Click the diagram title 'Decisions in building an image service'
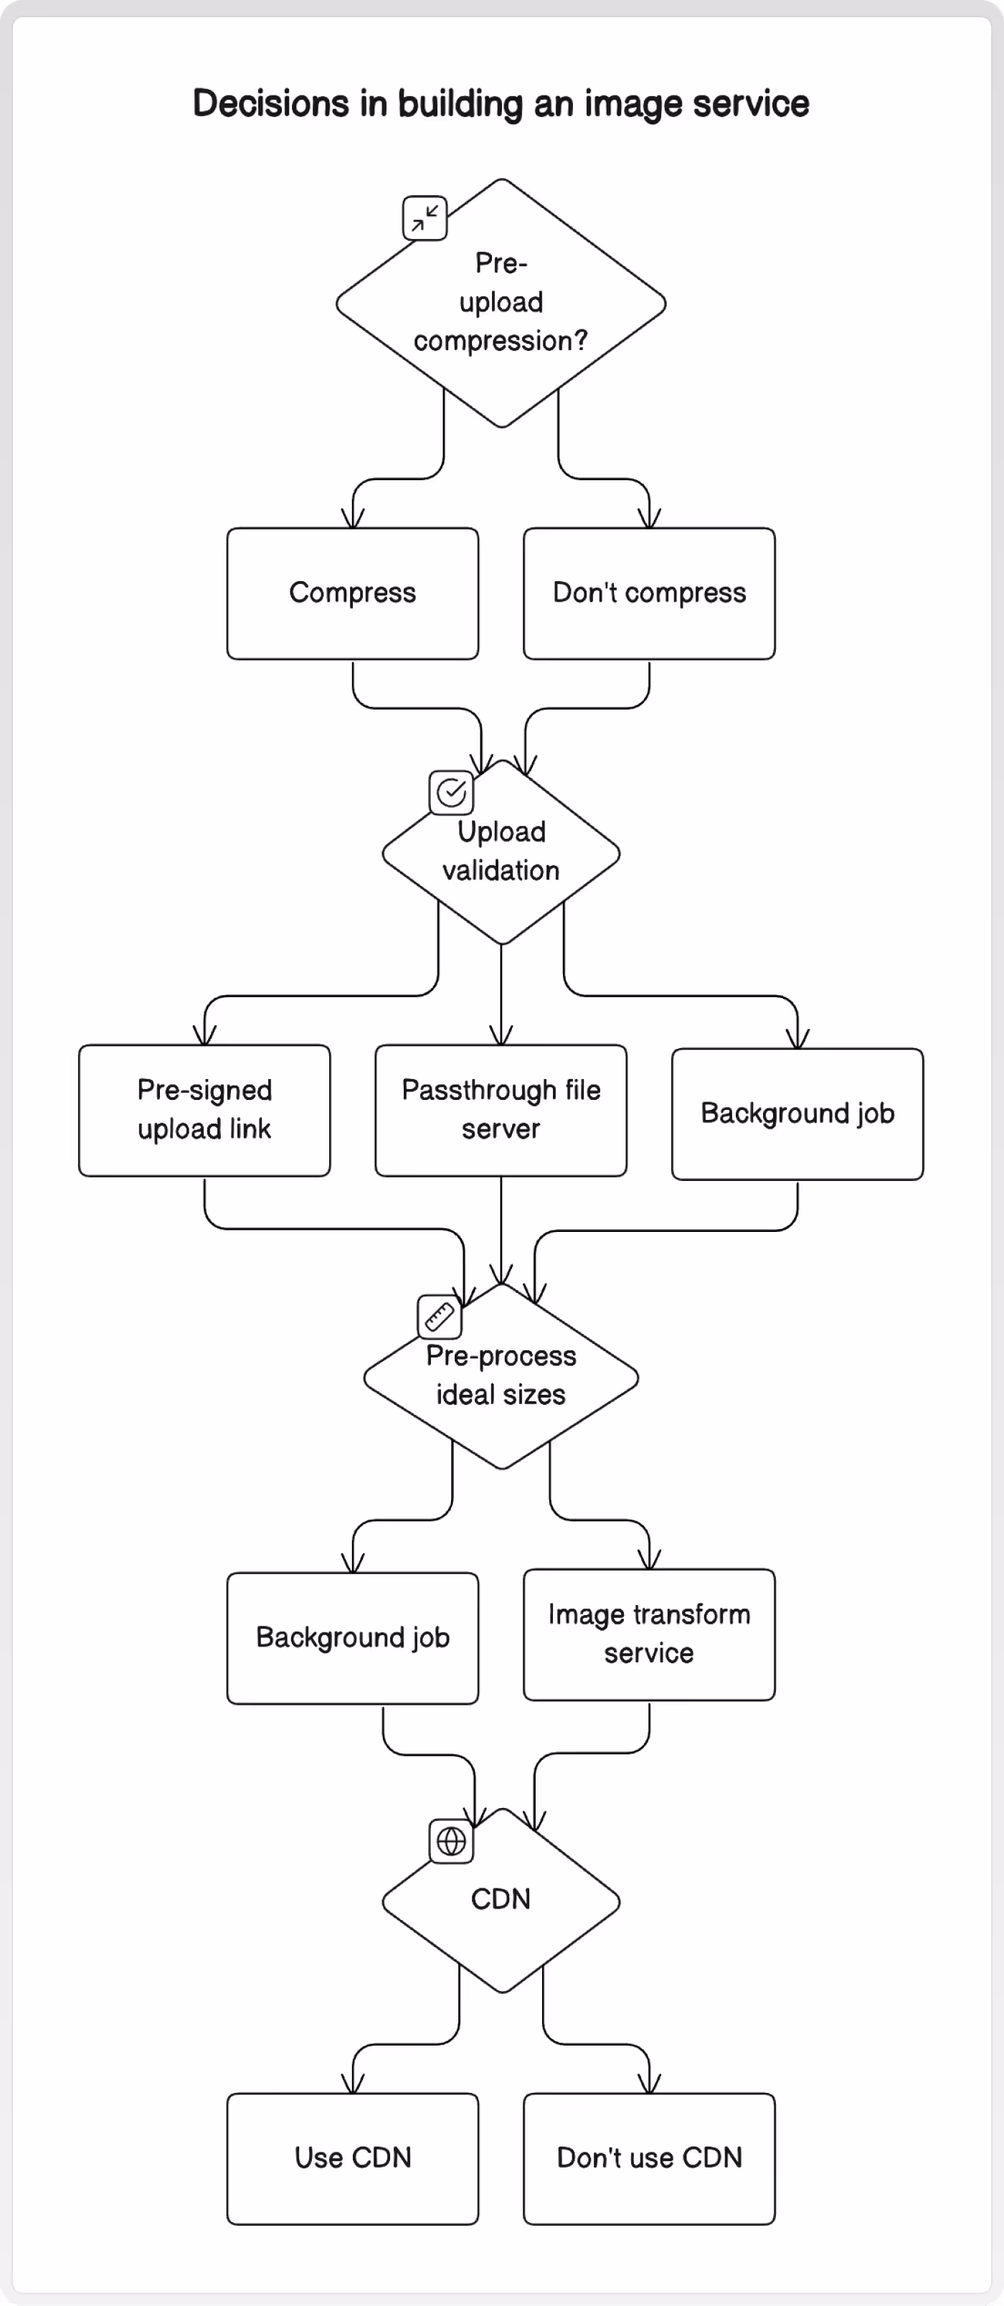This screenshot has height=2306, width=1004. (x=501, y=104)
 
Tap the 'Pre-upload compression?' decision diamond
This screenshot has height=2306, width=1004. (x=501, y=303)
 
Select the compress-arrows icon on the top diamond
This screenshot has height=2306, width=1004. (x=425, y=218)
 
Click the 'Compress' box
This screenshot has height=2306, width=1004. (x=353, y=593)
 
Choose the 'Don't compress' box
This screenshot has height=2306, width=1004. (x=650, y=593)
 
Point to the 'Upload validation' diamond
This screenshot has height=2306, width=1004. (x=501, y=852)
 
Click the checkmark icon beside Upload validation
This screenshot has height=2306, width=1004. (x=452, y=792)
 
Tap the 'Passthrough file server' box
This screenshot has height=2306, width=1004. (x=501, y=1110)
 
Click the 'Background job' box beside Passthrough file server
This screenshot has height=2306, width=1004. (x=797, y=1114)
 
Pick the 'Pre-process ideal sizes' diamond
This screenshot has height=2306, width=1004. (x=501, y=1377)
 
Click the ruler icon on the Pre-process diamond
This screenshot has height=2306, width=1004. (x=440, y=1317)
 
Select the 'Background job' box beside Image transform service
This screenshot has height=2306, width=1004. (x=353, y=1638)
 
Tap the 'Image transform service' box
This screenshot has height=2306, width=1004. (x=650, y=1634)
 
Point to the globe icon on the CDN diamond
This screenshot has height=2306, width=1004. (x=451, y=1841)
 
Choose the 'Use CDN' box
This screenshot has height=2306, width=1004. (x=353, y=2158)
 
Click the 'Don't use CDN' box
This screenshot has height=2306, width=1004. (x=650, y=2158)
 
